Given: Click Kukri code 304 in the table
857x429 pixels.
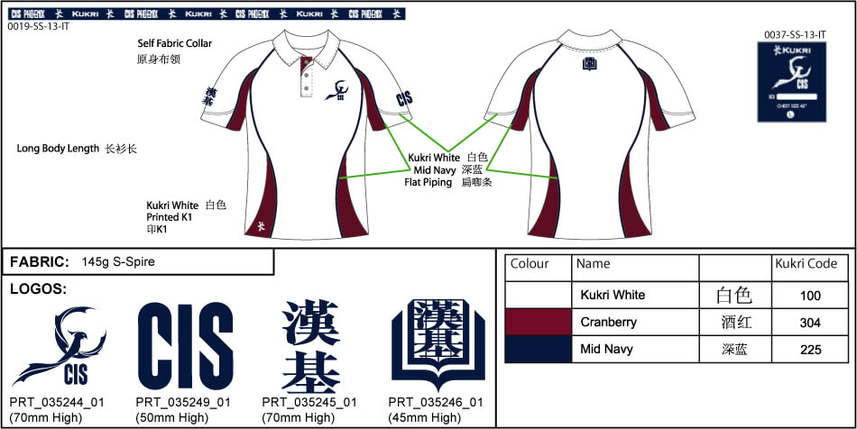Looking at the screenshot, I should pyautogui.click(x=810, y=322).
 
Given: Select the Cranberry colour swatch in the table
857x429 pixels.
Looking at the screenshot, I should pyautogui.click(x=539, y=322).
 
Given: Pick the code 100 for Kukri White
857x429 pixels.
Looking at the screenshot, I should pyautogui.click(x=810, y=295).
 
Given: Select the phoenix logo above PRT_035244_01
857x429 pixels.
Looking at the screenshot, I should pyautogui.click(x=60, y=347).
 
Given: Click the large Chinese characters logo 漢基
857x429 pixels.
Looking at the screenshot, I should pyautogui.click(x=310, y=347).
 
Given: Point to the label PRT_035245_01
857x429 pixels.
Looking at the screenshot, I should pyautogui.click(x=309, y=402).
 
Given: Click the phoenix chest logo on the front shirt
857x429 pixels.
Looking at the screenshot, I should pyautogui.click(x=339, y=90).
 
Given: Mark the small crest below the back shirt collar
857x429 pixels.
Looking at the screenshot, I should pyautogui.click(x=590, y=64).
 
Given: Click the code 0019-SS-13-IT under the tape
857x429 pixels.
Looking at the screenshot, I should pyautogui.click(x=38, y=27).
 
